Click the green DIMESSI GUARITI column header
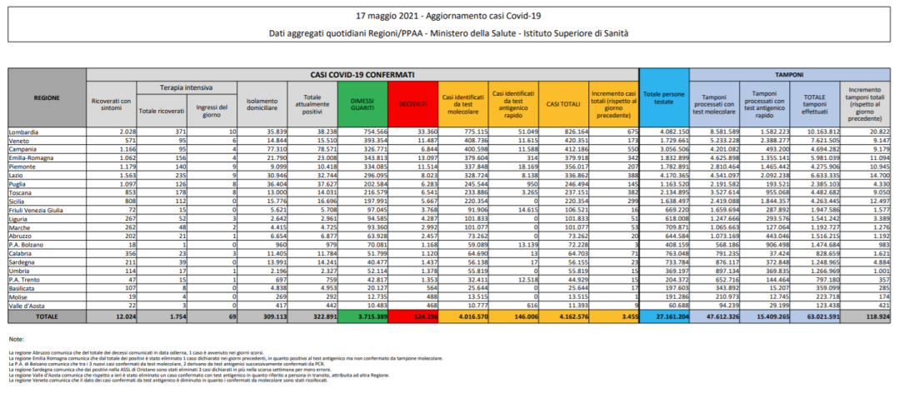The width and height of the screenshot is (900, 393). coord(364,103)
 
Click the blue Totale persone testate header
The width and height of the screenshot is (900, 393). coord(664,99)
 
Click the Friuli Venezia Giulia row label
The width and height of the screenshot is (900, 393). coord(34,188)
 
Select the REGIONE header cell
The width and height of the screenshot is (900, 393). coord(47,97)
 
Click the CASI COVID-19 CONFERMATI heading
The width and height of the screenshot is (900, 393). coord(362,75)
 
